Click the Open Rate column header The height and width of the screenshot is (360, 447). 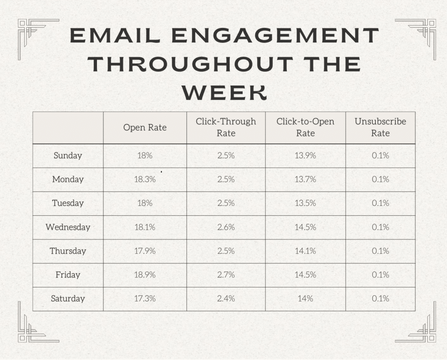[x=144, y=128]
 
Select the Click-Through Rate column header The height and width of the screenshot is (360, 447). [x=226, y=127]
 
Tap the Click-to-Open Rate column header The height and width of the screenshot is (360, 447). [x=305, y=127]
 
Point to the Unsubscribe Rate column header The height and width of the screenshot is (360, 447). [x=380, y=127]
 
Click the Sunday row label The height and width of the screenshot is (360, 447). [x=68, y=156]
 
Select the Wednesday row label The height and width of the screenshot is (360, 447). [x=68, y=227]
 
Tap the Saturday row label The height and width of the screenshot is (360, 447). [x=68, y=299]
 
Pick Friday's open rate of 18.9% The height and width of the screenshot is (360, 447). [x=144, y=275]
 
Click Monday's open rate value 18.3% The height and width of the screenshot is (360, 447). [x=144, y=180]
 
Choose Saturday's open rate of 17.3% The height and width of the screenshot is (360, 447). [x=144, y=299]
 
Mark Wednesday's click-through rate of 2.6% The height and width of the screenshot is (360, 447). [x=226, y=227]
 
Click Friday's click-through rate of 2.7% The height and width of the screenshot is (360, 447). [x=226, y=275]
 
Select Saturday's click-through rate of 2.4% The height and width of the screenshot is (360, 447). [x=226, y=299]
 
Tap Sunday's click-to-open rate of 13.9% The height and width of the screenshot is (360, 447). [x=305, y=156]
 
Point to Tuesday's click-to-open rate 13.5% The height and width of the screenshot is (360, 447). [x=305, y=203]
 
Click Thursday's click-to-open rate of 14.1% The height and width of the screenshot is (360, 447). [x=305, y=251]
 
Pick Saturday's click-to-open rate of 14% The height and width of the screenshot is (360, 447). [x=305, y=299]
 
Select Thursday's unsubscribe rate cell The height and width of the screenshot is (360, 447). [x=380, y=251]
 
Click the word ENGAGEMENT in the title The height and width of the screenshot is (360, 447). [x=275, y=36]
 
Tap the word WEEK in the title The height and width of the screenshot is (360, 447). [x=223, y=92]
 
